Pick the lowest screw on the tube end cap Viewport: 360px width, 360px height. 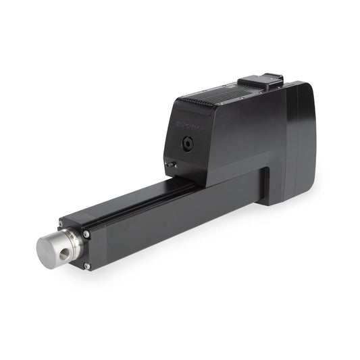(x=86, y=267)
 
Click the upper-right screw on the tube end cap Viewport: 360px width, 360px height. (x=87, y=234)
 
